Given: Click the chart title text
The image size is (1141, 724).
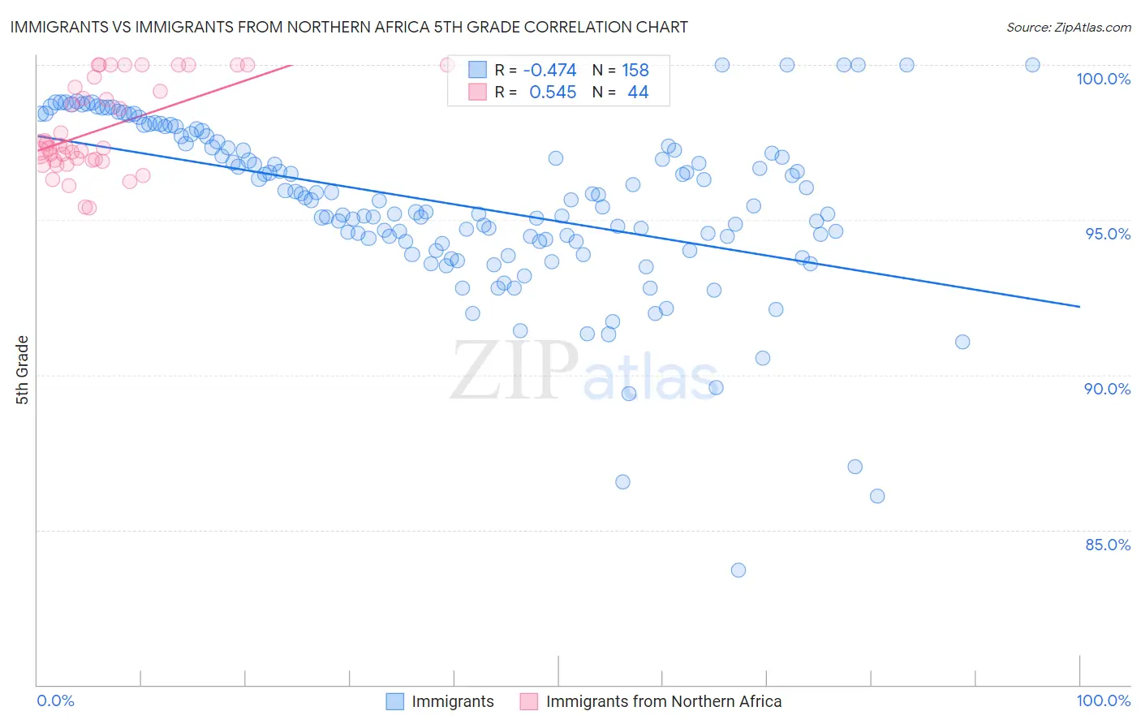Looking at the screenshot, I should [x=348, y=27].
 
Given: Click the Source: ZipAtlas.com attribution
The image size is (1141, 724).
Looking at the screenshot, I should [x=1068, y=27].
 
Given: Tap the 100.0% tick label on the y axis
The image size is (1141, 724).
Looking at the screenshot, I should [x=1103, y=79].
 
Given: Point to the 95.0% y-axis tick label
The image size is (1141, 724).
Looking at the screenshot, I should [x=1108, y=234].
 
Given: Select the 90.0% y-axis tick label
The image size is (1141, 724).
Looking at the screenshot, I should [x=1108, y=389].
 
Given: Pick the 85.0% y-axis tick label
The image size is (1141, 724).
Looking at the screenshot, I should [x=1108, y=545].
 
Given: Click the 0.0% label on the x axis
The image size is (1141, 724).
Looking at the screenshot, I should [x=55, y=700].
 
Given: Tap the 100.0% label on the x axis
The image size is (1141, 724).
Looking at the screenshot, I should [x=1103, y=700].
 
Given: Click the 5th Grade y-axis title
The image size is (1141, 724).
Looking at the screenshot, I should [x=23, y=370].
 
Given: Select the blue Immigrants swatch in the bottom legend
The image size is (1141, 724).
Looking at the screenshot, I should [x=394, y=701].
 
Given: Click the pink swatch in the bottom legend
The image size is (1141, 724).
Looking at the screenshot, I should [x=529, y=701].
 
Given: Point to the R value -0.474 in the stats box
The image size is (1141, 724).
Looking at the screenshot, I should [x=549, y=71].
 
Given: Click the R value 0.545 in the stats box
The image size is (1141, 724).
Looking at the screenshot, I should [x=553, y=93].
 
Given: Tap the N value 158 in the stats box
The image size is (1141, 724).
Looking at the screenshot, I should [x=635, y=71].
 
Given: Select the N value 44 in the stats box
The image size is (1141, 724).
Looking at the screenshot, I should [x=638, y=93].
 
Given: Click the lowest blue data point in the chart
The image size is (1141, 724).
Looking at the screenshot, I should [x=738, y=570].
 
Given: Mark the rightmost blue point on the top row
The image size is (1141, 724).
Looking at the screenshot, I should [x=1032, y=65].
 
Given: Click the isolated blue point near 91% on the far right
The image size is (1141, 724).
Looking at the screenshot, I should [x=962, y=342].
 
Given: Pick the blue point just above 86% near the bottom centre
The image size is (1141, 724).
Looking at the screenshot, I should [x=622, y=482].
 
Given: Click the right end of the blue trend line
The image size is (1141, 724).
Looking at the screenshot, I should [x=1079, y=306].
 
